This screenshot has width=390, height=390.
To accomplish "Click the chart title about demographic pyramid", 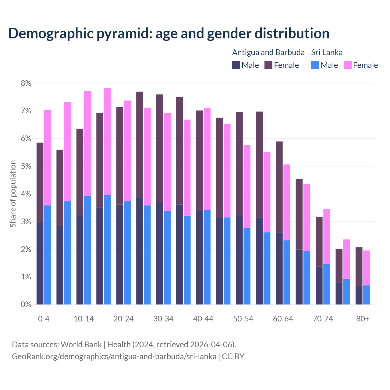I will coord(169,34).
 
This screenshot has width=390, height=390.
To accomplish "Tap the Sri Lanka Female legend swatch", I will coord(347,65).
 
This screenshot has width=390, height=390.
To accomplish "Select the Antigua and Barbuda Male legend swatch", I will coord(236,65).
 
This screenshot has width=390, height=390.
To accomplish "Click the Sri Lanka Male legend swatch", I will coord(315,65).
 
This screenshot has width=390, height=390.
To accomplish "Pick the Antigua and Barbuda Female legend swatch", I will coord(268,65).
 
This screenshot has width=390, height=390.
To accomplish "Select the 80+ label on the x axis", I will coord(363,319).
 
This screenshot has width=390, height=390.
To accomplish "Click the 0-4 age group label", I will coord(44,319).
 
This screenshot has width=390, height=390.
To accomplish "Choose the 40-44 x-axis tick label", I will coord(203,319).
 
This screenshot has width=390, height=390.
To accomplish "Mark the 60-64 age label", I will coord(283,319).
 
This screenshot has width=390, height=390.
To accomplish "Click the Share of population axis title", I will coord(13,194).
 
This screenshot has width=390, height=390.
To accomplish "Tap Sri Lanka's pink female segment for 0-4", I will coord(48,158).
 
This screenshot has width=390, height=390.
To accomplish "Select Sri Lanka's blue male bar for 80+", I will coord(367,295).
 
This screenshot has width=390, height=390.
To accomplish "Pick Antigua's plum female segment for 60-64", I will coord(279,187).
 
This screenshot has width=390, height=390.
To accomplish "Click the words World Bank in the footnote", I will coord(81,345).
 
